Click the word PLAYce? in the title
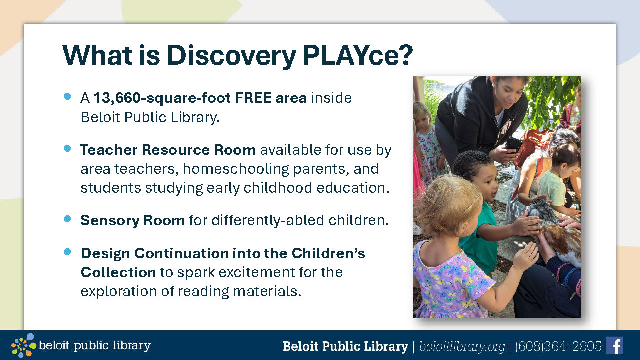point(358,55)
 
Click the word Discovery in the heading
point(231,56)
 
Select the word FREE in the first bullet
point(253,98)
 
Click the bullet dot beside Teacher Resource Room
point(67,148)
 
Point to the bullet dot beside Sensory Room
point(67,219)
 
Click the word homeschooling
point(236,169)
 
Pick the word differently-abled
point(267,220)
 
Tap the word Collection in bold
point(118,272)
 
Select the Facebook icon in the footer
point(614,345)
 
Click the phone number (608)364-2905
point(558,346)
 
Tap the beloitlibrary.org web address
point(462,347)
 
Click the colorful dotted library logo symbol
point(23,345)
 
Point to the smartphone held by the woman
point(513,144)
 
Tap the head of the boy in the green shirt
point(475,175)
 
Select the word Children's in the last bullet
point(328,253)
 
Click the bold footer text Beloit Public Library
point(345,346)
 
